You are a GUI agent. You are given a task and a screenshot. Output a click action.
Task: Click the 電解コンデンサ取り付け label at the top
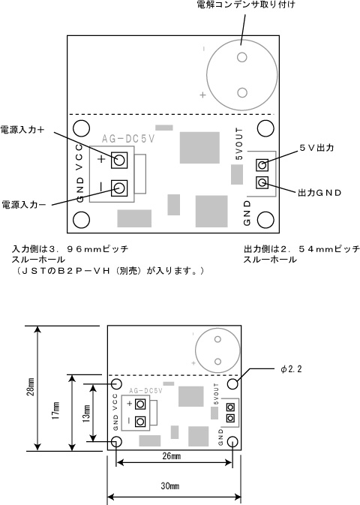246,5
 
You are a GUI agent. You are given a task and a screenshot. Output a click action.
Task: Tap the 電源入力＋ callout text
22,130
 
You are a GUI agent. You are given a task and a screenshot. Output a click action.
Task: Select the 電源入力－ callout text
24,205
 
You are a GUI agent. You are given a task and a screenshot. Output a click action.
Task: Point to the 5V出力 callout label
316,148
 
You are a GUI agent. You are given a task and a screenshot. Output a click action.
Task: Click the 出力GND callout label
319,193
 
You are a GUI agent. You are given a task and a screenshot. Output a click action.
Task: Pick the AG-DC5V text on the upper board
128,139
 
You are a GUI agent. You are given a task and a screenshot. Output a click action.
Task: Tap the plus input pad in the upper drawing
119,160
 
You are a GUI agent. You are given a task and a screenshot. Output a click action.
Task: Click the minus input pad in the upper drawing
119,188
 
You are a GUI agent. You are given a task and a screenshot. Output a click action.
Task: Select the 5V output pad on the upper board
262,165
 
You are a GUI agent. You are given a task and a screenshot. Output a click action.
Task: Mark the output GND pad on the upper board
262,183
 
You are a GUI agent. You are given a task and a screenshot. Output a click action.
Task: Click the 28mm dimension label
31,386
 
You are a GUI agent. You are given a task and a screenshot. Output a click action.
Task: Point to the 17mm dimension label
56,410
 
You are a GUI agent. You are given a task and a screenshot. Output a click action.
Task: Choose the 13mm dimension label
86,413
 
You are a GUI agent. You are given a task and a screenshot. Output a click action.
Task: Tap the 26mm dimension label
172,456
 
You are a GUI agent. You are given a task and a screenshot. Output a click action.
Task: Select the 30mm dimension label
170,485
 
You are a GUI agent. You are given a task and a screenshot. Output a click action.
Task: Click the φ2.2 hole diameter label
291,369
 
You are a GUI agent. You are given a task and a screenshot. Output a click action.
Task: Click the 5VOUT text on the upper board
239,143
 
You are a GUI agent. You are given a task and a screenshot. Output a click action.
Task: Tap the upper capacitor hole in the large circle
241,57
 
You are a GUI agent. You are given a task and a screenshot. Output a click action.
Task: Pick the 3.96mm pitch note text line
70,249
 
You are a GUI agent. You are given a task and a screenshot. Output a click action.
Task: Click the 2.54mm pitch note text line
301,249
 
